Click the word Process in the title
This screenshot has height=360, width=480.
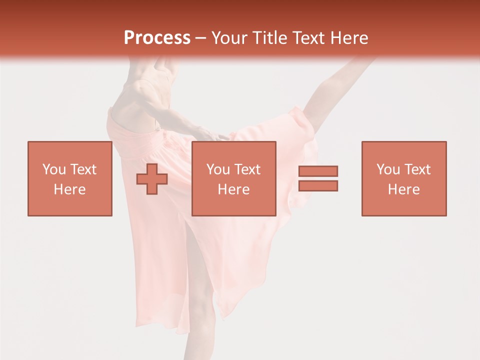(x=157, y=38)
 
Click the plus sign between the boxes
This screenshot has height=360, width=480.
(x=152, y=179)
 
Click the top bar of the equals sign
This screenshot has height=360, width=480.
(x=318, y=171)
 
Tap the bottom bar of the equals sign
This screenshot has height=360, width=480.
(x=318, y=185)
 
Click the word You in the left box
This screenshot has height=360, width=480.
(x=54, y=169)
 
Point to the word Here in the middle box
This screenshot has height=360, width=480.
(x=234, y=189)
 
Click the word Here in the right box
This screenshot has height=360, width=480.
(x=404, y=189)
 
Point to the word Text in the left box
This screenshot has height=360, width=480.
(x=83, y=169)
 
